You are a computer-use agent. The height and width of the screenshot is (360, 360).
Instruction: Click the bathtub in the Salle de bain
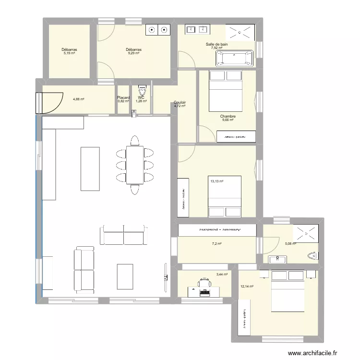pos(235,58)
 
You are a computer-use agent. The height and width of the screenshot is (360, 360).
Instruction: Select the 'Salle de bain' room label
pos(216,44)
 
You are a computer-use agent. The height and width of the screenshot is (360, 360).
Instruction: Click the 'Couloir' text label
pos(180,102)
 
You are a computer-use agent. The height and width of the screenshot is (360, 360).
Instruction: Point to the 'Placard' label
pos(123,97)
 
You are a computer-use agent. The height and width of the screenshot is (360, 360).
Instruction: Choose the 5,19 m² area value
pos(70,53)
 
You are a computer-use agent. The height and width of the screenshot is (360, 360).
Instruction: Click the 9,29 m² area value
pos(133,53)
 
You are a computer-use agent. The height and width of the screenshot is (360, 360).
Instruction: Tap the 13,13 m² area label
pos(217,181)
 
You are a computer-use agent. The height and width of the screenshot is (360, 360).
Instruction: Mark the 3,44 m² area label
pos(222,275)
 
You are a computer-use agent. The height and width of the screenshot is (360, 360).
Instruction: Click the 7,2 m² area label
pos(217,244)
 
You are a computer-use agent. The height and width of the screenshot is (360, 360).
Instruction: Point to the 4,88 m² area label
pos(79,99)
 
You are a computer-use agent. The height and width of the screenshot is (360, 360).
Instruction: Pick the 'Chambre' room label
pos(228,116)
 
